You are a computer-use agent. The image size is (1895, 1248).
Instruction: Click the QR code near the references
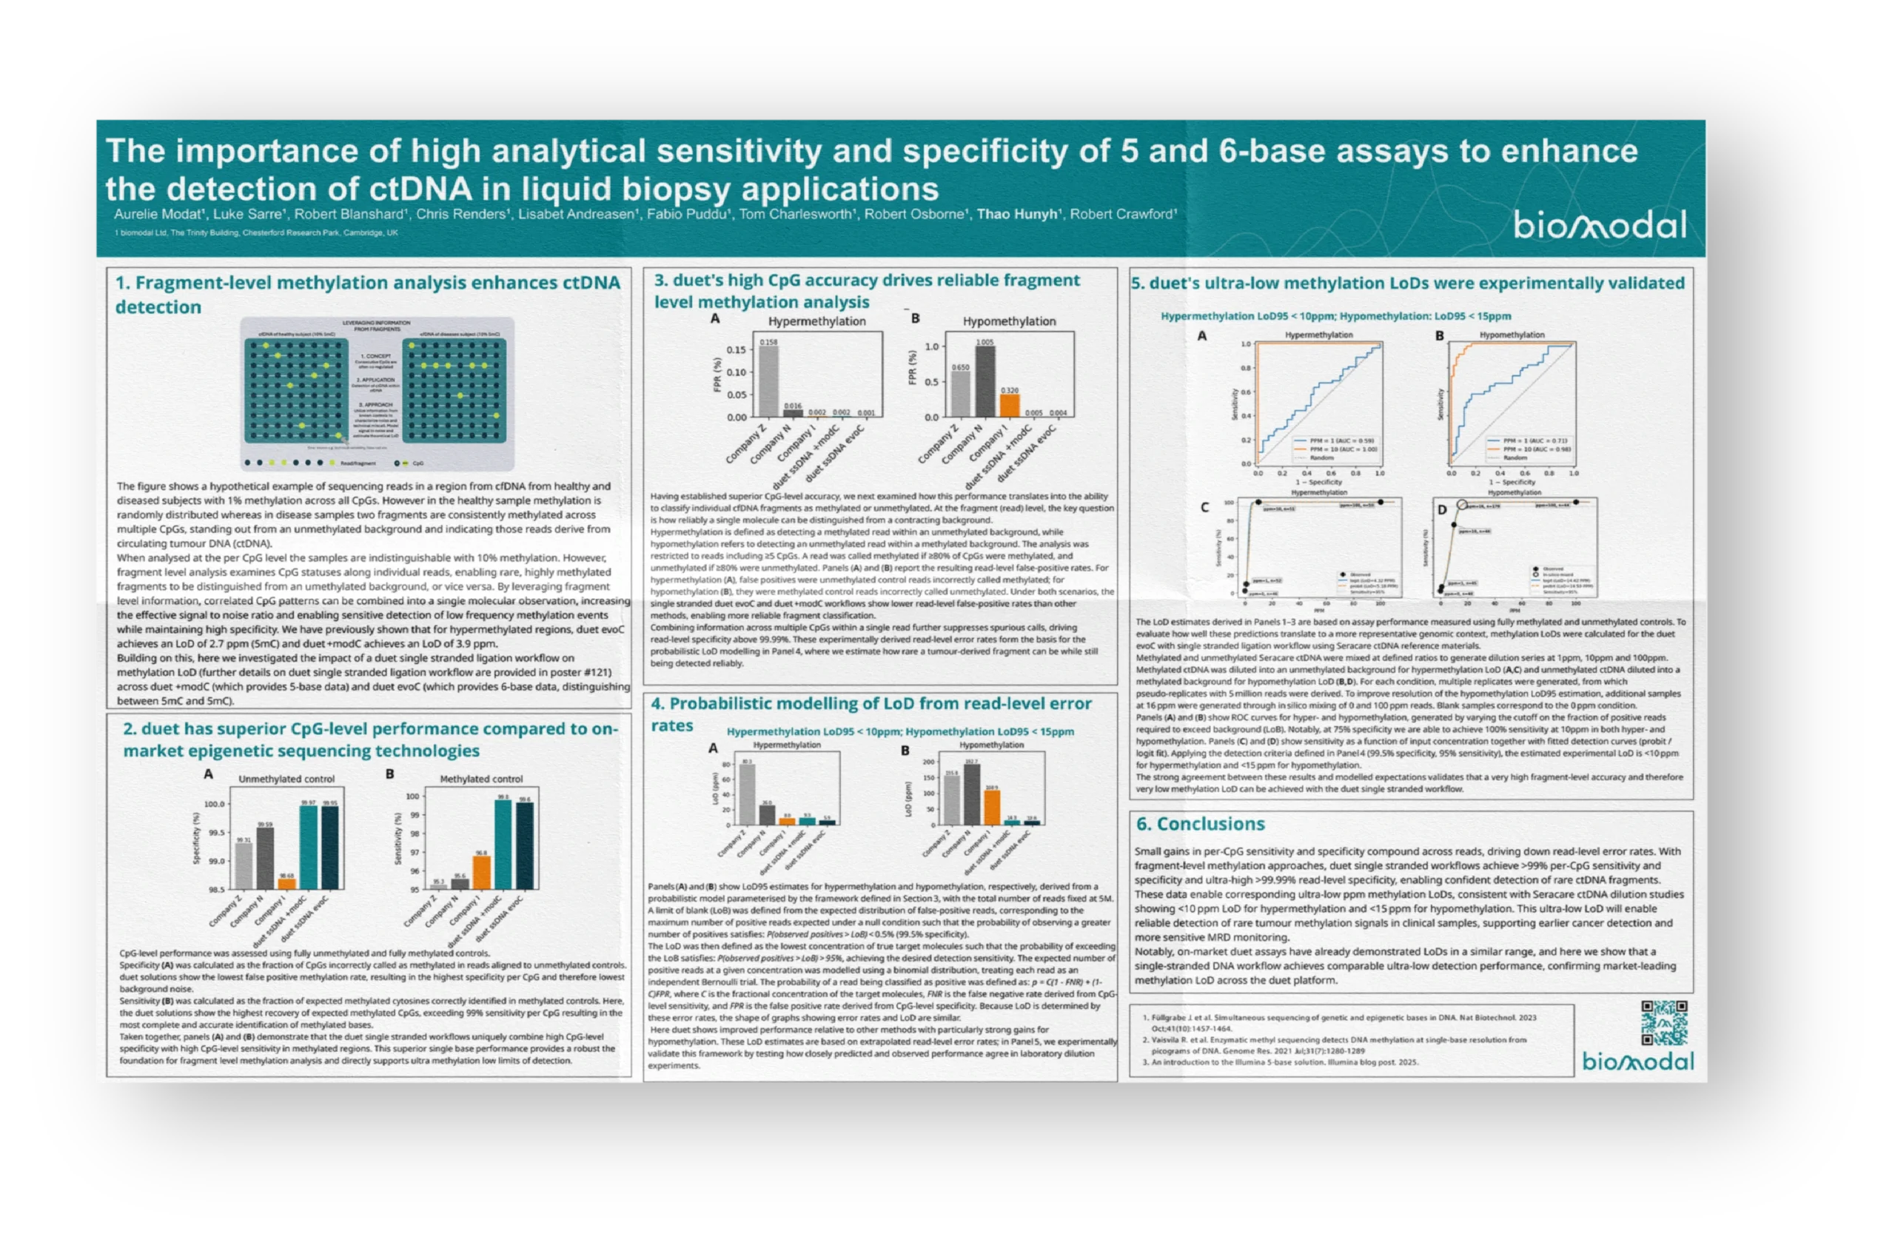click(1664, 1023)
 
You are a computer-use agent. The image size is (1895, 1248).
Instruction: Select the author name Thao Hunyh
click(1018, 214)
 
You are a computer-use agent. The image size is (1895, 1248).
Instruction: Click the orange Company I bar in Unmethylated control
click(286, 883)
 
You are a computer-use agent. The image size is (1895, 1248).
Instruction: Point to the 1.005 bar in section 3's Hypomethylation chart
click(985, 381)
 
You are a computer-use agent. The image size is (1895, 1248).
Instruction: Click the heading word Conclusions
click(1210, 825)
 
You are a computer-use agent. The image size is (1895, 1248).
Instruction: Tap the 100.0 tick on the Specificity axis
click(214, 805)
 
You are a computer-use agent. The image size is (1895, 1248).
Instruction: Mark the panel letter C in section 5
click(1204, 507)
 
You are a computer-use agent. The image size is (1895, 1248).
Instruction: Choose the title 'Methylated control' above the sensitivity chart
click(481, 779)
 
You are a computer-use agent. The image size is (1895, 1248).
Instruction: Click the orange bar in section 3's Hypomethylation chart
click(1010, 406)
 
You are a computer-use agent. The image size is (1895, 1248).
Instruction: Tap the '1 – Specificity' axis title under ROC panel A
click(1319, 482)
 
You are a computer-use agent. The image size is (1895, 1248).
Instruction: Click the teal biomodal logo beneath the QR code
click(1638, 1061)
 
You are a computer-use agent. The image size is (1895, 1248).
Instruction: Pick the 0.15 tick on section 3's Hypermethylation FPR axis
click(736, 349)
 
